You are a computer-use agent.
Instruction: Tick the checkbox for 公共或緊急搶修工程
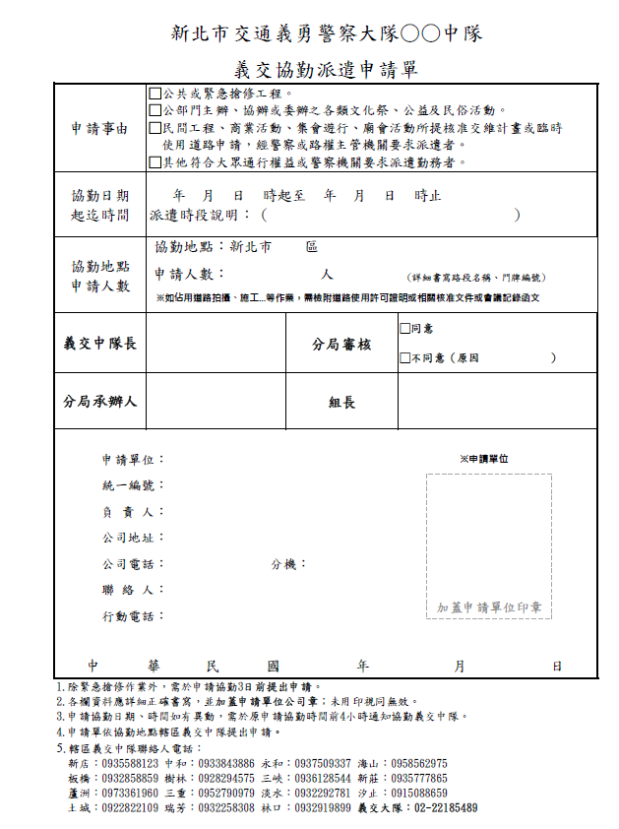155,94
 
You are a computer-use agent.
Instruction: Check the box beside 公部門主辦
155,110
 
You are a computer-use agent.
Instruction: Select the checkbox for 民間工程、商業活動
155,128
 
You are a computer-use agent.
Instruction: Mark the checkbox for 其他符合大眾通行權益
155,162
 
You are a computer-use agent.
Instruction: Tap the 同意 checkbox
404,329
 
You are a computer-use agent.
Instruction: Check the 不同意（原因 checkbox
404,358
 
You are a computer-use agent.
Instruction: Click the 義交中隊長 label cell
100,344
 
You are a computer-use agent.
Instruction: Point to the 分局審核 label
341,345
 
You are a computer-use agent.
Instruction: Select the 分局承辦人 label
100,402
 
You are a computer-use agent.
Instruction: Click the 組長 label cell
341,403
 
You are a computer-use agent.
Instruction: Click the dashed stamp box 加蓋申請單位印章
489,546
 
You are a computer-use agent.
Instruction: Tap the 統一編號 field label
133,486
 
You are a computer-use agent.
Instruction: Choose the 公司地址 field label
133,539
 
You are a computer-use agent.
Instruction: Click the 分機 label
288,565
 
